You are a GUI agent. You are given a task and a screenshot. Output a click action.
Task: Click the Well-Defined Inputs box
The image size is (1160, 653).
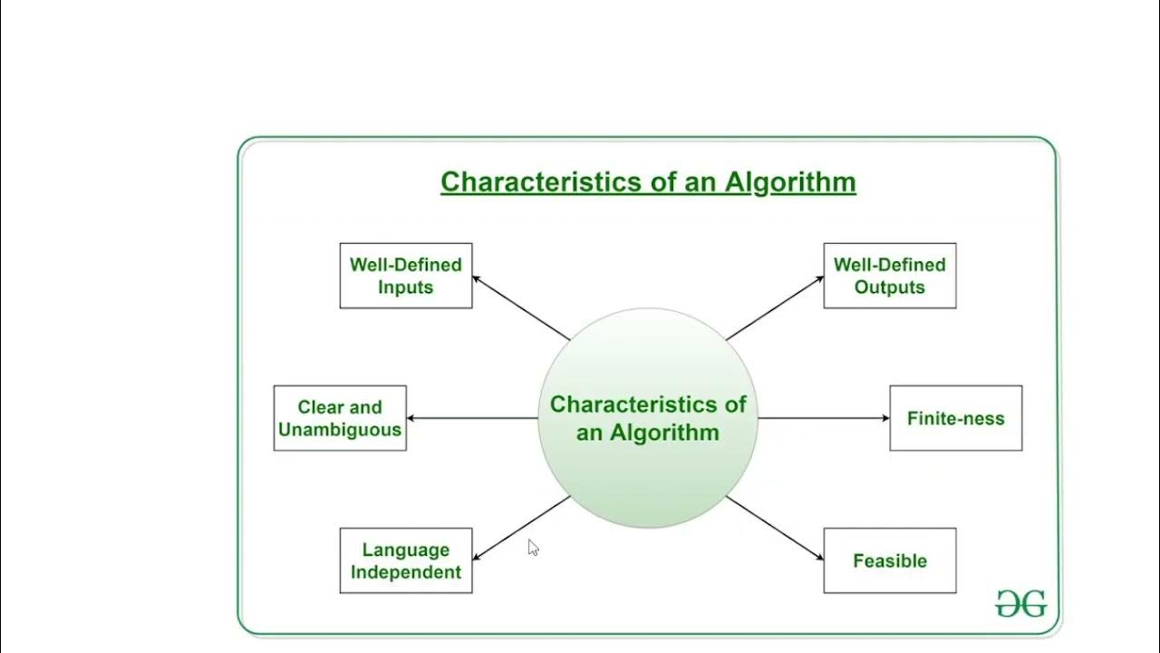(x=406, y=276)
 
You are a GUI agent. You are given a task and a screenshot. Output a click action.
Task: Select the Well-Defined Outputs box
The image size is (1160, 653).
(x=889, y=276)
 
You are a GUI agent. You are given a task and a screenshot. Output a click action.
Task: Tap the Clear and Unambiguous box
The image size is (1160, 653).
(x=340, y=418)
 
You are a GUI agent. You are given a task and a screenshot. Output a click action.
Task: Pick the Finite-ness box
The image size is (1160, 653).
(x=955, y=418)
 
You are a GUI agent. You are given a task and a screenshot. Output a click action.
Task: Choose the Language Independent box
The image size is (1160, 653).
(x=406, y=560)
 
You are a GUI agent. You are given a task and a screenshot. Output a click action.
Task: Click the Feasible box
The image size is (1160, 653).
(x=889, y=560)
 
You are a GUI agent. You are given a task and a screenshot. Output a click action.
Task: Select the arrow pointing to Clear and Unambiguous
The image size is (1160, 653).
(x=471, y=418)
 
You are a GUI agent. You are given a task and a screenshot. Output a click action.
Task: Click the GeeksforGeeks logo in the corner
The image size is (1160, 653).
(x=1020, y=603)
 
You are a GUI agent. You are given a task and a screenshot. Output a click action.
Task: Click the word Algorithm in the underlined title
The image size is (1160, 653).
(x=789, y=182)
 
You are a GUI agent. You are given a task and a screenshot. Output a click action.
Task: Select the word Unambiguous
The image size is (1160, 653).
(x=340, y=430)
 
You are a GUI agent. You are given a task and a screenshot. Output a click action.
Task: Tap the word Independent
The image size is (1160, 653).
(x=406, y=572)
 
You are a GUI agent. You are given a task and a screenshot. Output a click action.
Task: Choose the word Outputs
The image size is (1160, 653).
(x=889, y=288)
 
